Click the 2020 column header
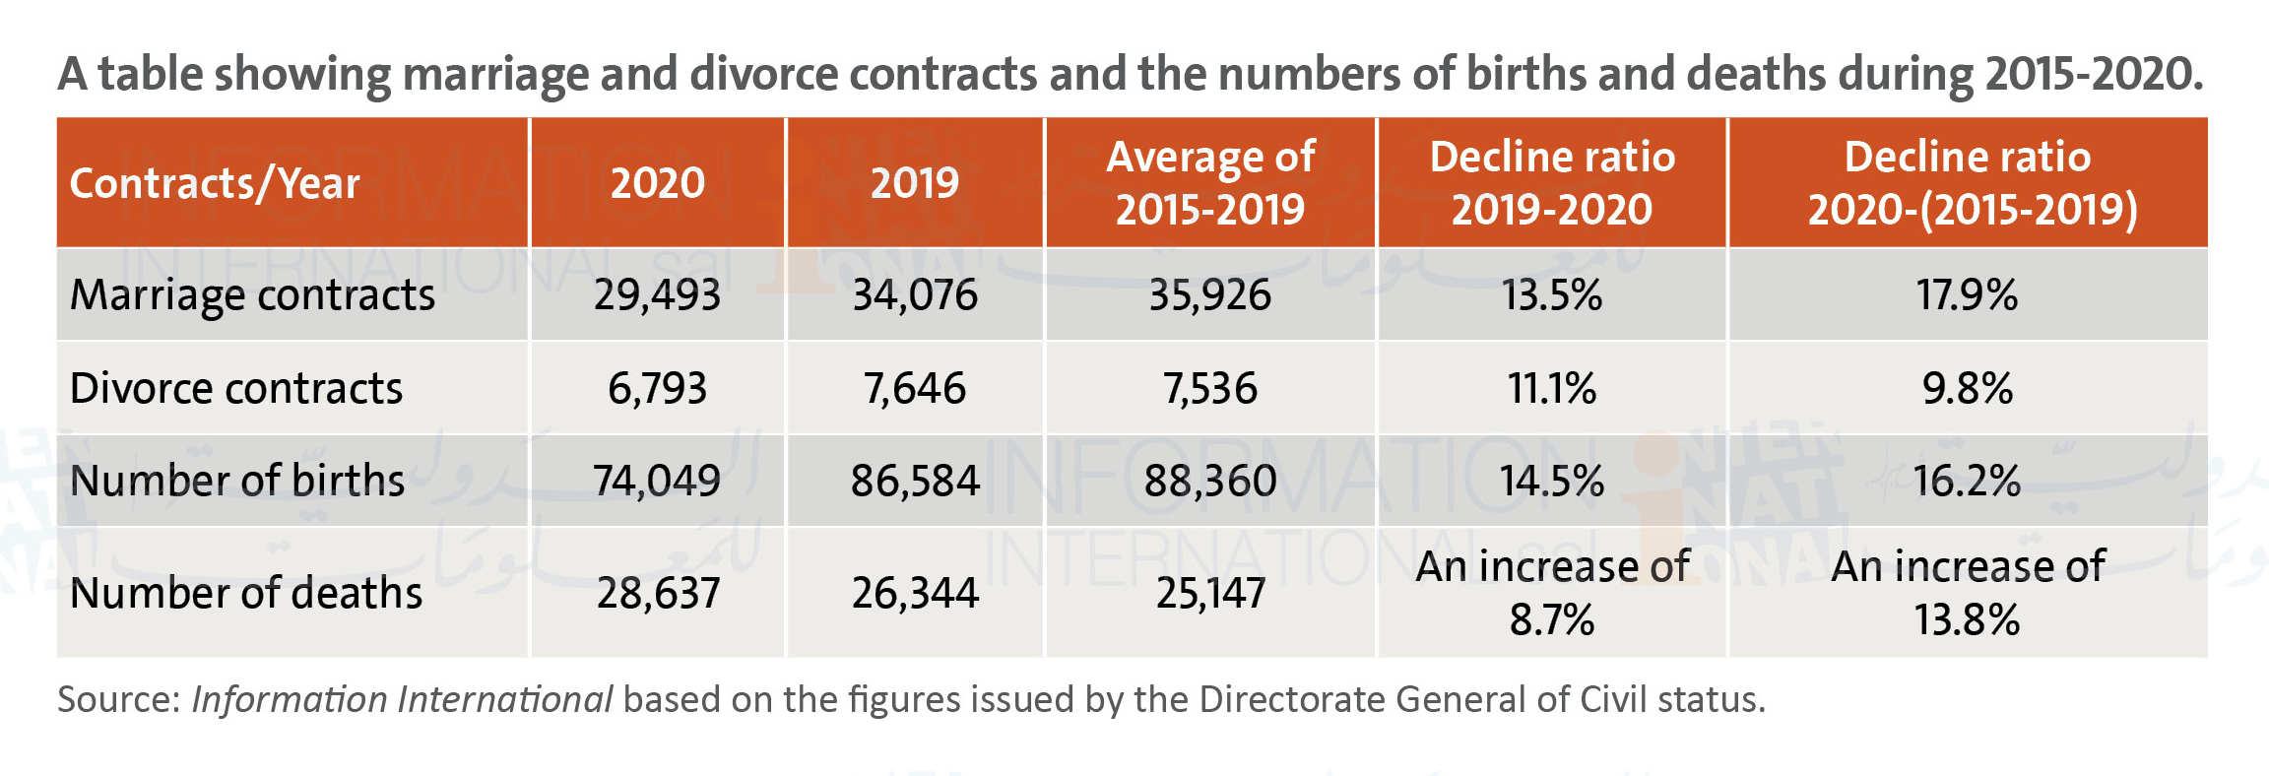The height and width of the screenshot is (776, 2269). [x=658, y=183]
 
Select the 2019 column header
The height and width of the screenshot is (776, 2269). [x=915, y=183]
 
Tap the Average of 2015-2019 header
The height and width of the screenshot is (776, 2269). [x=1210, y=183]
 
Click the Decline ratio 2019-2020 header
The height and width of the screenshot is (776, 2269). [x=1552, y=183]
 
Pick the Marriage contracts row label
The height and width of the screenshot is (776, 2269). [x=252, y=295]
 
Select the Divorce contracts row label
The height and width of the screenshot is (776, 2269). [x=236, y=388]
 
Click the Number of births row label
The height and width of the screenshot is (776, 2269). [x=237, y=481]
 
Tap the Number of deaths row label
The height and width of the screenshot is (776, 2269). [x=246, y=593]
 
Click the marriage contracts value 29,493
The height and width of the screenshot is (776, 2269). [x=657, y=295]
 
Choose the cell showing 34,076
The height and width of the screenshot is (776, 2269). [x=915, y=295]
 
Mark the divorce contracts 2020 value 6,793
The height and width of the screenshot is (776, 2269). [x=657, y=388]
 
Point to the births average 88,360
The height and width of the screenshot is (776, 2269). [x=1210, y=481]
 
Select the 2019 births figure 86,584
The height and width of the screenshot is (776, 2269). [x=915, y=481]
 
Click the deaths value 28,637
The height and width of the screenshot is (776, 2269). [x=658, y=593]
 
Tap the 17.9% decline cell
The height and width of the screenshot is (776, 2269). [x=1967, y=295]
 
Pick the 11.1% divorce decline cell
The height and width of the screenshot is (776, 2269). [x=1552, y=388]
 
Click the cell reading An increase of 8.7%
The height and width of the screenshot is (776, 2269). [x=1552, y=593]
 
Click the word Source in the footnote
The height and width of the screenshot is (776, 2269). [x=118, y=699]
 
